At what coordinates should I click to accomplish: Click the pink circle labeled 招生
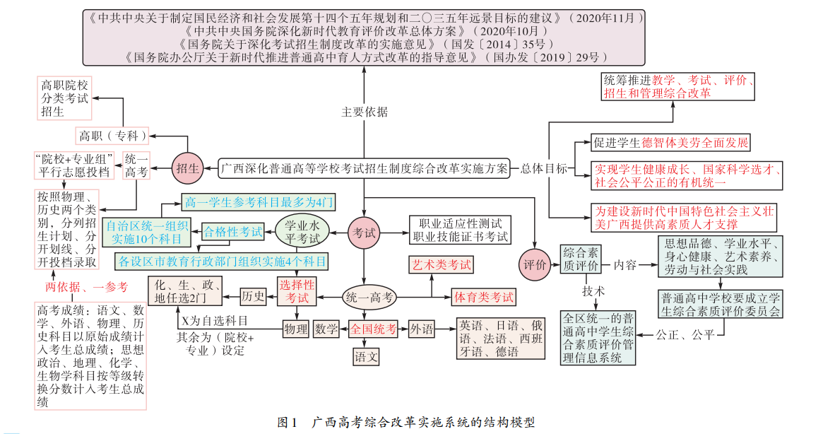click(x=187, y=168)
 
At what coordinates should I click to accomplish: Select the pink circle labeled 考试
click(x=364, y=233)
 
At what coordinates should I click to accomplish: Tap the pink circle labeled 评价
click(x=535, y=264)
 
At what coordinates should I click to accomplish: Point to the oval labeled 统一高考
click(x=369, y=298)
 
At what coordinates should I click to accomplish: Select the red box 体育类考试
click(x=483, y=297)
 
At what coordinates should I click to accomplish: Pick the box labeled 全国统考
click(x=374, y=329)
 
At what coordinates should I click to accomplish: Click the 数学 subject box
click(x=326, y=329)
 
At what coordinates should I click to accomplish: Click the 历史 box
click(x=253, y=296)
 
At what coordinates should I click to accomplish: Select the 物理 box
click(x=295, y=329)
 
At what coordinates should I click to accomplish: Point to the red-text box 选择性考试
click(x=297, y=291)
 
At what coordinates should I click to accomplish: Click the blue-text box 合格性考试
click(x=233, y=231)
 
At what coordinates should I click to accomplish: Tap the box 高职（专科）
click(x=112, y=134)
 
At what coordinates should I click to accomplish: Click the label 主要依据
click(x=365, y=111)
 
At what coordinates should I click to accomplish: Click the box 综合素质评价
click(x=580, y=259)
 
